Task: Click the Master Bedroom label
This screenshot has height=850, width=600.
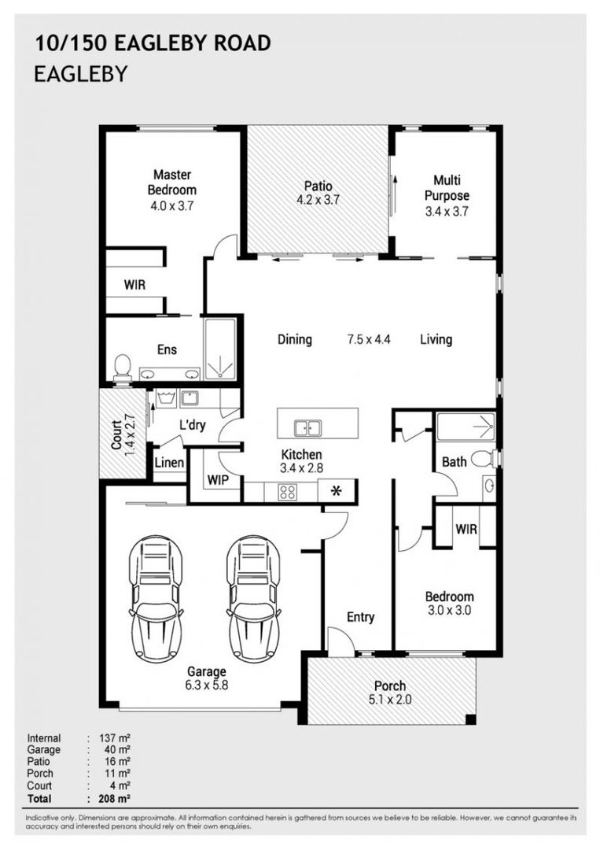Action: tap(172, 182)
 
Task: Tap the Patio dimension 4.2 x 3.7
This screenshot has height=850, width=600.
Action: tap(318, 199)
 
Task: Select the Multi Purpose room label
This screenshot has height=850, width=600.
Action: tap(447, 187)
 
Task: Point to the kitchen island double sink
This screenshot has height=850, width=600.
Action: tap(307, 428)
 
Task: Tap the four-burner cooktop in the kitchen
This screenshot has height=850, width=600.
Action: tap(288, 492)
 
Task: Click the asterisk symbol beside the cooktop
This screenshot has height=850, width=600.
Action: tap(337, 491)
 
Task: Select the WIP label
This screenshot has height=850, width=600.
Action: tap(218, 480)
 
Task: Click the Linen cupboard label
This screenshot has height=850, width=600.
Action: tap(169, 463)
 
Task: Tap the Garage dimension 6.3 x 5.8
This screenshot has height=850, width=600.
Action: tap(206, 685)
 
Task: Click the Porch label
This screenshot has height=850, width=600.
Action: tap(389, 686)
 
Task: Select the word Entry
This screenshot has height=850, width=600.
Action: tap(361, 617)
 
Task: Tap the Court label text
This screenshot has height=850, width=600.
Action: tap(116, 434)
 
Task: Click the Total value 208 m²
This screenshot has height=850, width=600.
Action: tap(115, 798)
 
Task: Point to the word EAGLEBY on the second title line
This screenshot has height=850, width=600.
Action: tap(81, 74)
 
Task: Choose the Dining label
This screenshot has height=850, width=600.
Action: tap(295, 339)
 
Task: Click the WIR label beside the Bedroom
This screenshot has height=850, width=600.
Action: tap(466, 529)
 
